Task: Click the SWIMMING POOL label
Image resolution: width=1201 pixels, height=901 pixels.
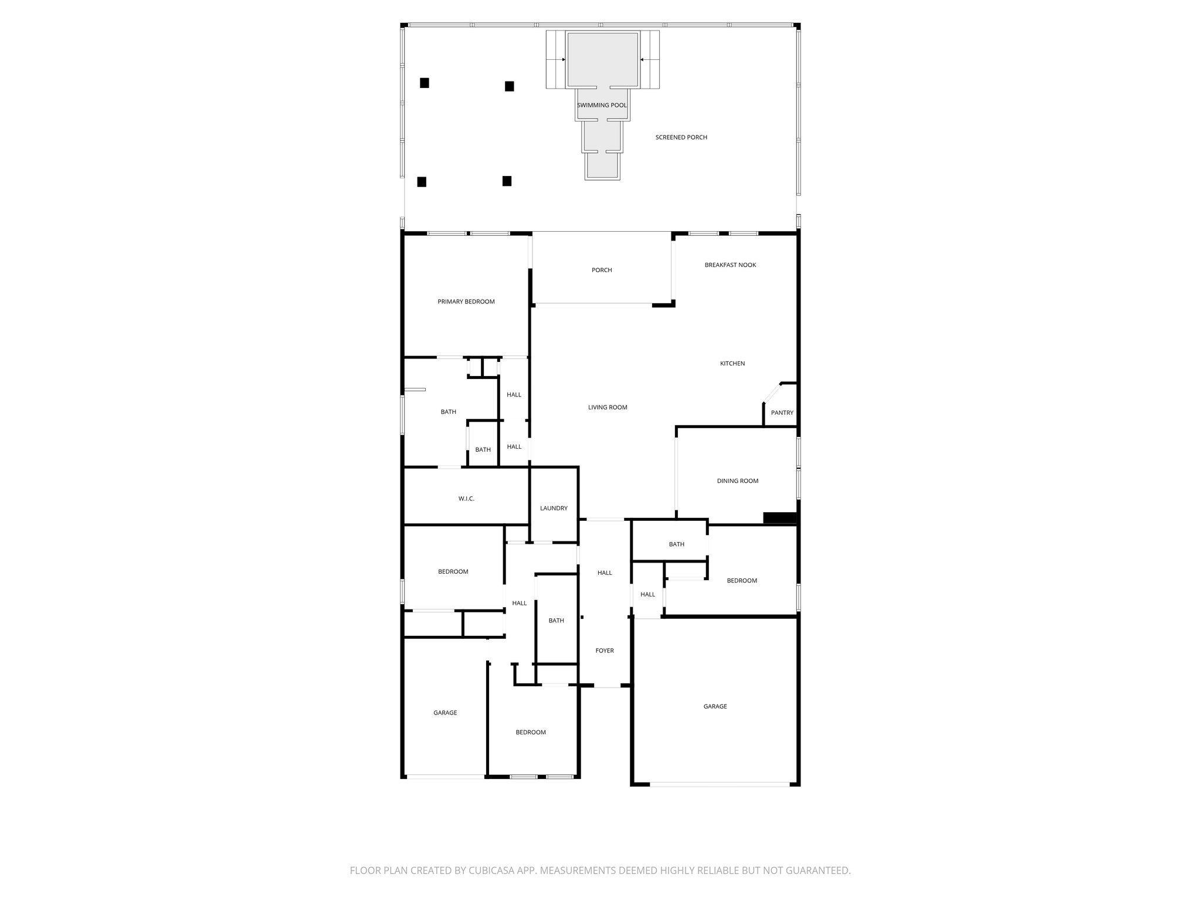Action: tap(602, 106)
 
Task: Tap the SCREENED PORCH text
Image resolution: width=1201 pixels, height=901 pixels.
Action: tap(681, 137)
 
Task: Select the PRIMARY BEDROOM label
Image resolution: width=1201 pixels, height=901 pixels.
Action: tap(466, 302)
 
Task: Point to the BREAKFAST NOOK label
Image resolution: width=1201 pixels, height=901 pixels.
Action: tap(730, 265)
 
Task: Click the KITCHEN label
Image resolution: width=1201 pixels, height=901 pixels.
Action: tap(732, 364)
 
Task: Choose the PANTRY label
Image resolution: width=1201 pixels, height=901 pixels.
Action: tap(782, 413)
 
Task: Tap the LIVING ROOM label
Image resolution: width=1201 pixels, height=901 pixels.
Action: tap(608, 407)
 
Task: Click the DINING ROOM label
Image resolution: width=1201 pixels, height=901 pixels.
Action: tap(737, 481)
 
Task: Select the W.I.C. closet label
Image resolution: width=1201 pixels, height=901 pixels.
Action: tap(466, 499)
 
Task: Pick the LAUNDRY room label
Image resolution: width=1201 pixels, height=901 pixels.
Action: tap(554, 509)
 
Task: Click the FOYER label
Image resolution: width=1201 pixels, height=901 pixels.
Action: tap(605, 651)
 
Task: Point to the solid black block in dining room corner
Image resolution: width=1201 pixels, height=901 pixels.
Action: tap(779, 519)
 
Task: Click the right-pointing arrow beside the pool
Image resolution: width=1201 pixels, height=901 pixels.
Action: tap(562, 59)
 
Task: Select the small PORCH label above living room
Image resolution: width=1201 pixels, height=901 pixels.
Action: tap(602, 270)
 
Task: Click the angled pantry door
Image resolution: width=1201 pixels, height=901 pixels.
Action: tap(772, 393)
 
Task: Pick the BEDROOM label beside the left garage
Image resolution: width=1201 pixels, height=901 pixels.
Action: tap(530, 732)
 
